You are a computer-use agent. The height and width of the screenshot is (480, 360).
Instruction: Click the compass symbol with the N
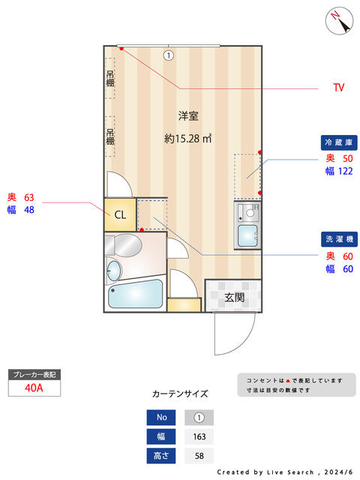click(339, 21)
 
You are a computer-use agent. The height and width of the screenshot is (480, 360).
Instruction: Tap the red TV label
click(338, 88)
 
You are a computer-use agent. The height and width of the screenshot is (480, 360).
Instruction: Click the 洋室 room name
click(188, 116)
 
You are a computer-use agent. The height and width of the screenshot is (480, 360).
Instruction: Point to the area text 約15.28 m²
click(188, 138)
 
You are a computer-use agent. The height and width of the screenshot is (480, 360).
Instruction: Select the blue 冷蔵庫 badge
click(339, 142)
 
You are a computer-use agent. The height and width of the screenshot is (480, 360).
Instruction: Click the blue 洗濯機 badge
click(339, 239)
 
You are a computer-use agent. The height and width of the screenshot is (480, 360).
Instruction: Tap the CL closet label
click(120, 214)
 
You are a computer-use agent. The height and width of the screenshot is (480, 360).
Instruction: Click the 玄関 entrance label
click(234, 297)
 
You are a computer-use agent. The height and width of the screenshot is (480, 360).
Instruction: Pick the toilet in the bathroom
click(123, 245)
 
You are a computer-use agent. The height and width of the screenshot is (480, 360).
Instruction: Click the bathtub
click(135, 294)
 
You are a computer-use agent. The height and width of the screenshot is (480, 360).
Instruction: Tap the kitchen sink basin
click(247, 235)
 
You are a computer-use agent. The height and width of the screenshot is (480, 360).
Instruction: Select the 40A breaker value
click(34, 388)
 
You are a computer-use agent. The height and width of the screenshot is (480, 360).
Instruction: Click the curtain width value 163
click(199, 436)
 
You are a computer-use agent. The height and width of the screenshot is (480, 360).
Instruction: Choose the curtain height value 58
click(199, 456)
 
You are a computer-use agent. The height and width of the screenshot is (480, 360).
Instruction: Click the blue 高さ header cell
click(161, 456)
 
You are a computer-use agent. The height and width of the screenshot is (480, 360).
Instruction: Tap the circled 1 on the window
click(168, 55)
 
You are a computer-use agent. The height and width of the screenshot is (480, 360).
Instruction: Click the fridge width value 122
click(345, 171)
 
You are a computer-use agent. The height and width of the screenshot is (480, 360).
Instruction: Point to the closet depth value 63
click(29, 197)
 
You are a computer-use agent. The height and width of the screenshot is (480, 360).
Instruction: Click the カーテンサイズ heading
click(180, 394)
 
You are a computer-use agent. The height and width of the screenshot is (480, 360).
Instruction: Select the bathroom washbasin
click(113, 271)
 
